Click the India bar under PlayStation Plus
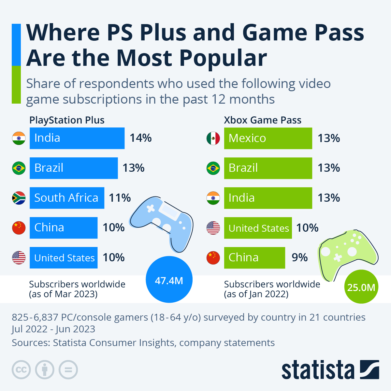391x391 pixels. coord(77,138)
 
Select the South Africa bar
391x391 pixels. coord(67,198)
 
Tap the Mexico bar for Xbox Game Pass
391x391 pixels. coord(268,138)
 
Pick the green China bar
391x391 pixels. coord(254,258)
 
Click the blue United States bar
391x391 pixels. coord(64,258)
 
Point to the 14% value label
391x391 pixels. coord(141,138)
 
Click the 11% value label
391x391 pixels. coord(120,198)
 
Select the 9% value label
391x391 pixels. coord(299,258)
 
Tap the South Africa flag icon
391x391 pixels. coord(19,198)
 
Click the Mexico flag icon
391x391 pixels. coord(213,138)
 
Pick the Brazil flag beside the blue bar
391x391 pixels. coord(19,168)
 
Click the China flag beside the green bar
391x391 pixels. coord(213,258)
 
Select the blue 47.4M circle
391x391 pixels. coord(169,280)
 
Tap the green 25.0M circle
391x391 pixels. coord(361,287)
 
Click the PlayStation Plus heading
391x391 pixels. coord(67,120)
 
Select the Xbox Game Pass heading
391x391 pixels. coord(263,120)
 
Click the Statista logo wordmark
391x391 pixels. coord(318,370)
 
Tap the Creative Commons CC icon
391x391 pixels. coord(21,370)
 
